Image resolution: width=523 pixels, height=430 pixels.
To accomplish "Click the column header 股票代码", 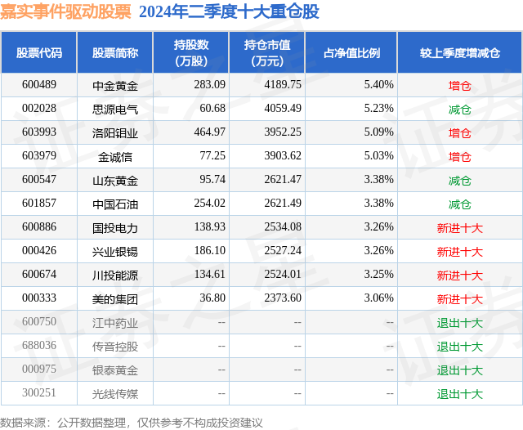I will [x=39, y=53].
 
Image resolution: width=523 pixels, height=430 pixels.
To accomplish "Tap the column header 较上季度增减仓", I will [x=459, y=53].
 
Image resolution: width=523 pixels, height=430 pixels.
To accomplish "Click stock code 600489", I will [x=39, y=85].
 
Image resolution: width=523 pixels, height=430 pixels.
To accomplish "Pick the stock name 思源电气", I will [x=114, y=109].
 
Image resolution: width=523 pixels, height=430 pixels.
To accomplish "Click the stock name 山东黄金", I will [x=114, y=180].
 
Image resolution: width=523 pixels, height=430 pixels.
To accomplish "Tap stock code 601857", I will [x=39, y=204].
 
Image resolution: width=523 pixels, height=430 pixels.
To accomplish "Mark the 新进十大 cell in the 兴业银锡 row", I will [x=459, y=251].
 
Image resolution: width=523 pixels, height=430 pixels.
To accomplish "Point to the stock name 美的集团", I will [x=114, y=298].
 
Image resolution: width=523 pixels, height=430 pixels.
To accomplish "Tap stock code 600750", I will [x=39, y=322].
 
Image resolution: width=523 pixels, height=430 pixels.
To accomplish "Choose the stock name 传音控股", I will [x=114, y=346].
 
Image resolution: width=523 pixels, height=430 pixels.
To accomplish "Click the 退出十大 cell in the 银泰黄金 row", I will [x=459, y=370].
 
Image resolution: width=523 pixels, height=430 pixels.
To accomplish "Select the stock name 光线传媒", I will [x=114, y=393].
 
